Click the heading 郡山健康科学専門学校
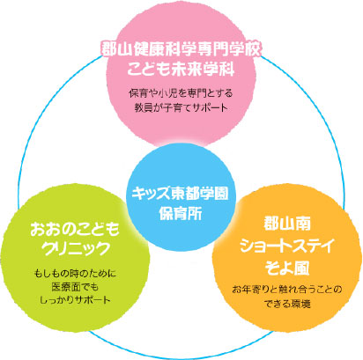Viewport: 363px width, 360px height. click(x=181, y=48)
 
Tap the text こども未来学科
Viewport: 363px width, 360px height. click(x=181, y=70)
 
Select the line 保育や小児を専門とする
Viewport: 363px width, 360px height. click(x=181, y=93)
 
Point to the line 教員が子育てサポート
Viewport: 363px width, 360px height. click(x=181, y=107)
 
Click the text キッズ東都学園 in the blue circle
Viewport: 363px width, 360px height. click(x=180, y=194)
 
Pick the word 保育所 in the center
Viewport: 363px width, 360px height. click(x=181, y=213)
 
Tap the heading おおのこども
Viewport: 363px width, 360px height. click(x=75, y=229)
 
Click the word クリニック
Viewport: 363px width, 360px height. click(x=75, y=249)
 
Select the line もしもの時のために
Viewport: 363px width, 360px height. click(x=75, y=274)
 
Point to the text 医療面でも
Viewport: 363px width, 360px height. click(x=75, y=287)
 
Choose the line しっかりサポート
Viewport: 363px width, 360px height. click(x=75, y=299)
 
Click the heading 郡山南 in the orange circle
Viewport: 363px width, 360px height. click(x=287, y=224)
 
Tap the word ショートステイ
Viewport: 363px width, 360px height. click(x=287, y=246)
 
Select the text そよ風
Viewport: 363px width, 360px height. click(x=287, y=268)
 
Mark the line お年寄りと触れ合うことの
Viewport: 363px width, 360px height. click(x=287, y=290)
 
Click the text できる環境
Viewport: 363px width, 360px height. click(x=287, y=304)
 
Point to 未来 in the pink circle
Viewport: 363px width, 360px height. click(x=189, y=70)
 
